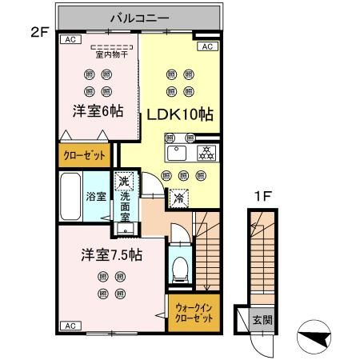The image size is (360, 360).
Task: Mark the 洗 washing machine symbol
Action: pos(122,181)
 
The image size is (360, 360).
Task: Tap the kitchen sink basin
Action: pos(176,153)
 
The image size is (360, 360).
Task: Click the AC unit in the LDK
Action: pos(205,47)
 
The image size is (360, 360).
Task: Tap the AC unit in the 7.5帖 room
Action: pos(69,326)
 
